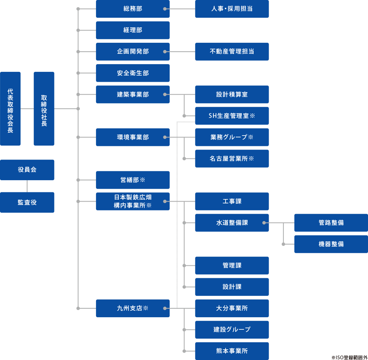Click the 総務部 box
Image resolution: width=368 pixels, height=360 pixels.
pos(132,9)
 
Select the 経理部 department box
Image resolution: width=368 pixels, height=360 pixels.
pos(132,30)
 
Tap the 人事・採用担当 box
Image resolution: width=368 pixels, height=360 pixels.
pos(232,9)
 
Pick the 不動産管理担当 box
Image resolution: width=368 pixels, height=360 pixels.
pos(232,52)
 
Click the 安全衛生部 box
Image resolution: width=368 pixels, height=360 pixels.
pos(132,73)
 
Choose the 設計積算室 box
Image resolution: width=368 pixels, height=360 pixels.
pos(232,94)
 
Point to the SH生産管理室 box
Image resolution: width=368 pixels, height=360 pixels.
pos(232,116)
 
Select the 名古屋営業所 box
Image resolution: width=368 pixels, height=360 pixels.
pos(232,158)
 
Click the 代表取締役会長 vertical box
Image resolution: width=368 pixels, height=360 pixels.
pos(10,109)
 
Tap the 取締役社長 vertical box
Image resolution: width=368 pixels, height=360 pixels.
pos(44,109)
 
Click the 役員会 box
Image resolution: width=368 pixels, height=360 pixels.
pos(27,170)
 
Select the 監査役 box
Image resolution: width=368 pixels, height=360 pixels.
pos(27,202)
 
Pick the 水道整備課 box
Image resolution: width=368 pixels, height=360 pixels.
pos(232,223)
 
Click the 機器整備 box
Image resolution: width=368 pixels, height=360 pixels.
pos(331,244)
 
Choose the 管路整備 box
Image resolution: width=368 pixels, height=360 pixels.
pos(331,223)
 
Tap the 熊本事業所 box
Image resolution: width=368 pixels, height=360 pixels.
pos(232,351)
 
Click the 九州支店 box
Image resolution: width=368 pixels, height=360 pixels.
pos(132,308)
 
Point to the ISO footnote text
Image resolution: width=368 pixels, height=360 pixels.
pos(349,357)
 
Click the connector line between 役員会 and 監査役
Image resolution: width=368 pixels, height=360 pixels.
pos(27,186)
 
